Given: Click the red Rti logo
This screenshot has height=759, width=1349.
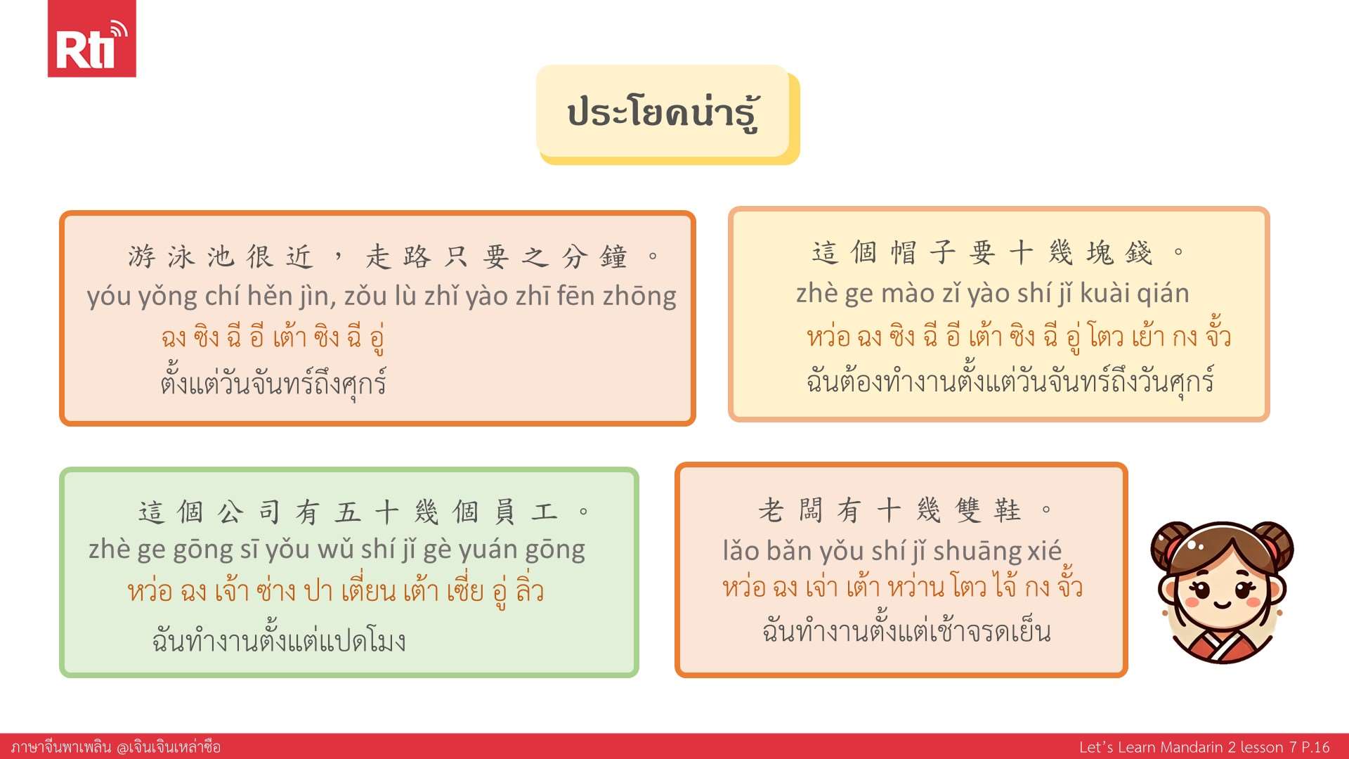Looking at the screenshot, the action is coord(91,39).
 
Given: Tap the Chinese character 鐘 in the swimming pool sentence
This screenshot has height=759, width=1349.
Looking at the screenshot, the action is coord(613,257).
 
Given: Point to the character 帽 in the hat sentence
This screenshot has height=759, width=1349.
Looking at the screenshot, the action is coord(904,252).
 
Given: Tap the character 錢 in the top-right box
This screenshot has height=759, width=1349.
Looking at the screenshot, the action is coord(1139,252).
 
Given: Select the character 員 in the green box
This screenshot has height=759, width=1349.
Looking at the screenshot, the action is coord(504,512).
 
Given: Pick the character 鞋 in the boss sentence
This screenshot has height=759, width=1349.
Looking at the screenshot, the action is coord(1008,510).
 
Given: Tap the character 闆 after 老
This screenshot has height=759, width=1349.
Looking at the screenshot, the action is coord(810,510).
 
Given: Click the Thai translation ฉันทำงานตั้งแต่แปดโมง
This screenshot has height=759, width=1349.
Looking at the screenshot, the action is coord(279,640).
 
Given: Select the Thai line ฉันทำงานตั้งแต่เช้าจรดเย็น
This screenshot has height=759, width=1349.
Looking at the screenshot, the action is coord(906,630).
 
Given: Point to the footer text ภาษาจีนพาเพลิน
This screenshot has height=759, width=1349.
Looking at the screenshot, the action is coord(61,747).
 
